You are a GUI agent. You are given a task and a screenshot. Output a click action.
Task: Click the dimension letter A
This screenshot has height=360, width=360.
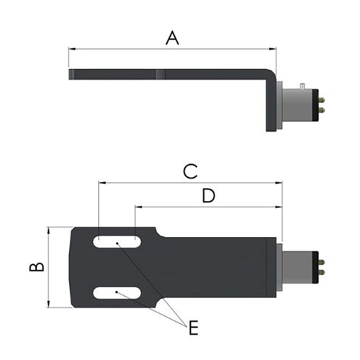(171, 37)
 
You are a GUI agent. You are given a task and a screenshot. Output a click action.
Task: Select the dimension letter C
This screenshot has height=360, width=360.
(189, 171)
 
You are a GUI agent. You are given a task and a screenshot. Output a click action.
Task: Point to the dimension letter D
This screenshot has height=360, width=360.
(207, 196)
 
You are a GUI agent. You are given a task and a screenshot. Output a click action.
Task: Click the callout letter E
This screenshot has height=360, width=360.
(192, 329)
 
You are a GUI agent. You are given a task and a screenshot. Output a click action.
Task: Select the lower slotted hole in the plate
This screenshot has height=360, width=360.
(116, 292)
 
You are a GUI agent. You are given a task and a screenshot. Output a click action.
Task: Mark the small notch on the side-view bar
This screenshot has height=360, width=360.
(160, 73)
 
